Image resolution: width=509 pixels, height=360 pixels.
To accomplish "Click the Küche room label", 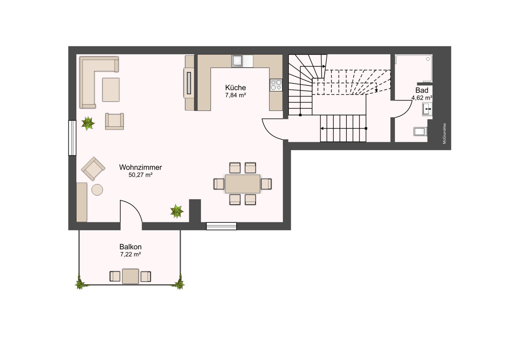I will [236, 88].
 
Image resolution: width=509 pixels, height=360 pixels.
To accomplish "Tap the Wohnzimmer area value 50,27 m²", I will [141, 175].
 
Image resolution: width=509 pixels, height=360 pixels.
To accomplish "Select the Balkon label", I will [131, 247].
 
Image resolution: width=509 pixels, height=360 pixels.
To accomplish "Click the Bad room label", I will [422, 90].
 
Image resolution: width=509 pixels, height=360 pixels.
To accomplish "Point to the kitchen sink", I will [237, 61].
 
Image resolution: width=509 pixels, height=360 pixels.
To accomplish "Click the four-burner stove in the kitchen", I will [276, 85].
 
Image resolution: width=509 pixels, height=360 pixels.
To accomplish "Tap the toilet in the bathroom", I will [420, 131].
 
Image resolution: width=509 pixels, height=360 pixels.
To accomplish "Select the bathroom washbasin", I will [427, 109].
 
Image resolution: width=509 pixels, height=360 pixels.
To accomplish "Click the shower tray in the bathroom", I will [414, 68].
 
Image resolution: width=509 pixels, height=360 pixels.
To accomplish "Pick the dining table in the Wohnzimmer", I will [243, 184].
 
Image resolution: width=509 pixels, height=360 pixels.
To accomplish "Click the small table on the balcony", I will [130, 276].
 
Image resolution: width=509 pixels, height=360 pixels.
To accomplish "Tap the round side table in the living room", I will [97, 190].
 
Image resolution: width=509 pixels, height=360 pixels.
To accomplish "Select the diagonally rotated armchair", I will [93, 168].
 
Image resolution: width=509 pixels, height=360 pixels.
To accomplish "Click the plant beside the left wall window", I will [88, 123].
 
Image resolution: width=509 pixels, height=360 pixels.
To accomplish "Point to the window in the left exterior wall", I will [72, 138].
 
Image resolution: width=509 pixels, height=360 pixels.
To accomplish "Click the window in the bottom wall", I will [222, 226].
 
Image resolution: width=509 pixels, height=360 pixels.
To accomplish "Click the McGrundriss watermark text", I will [444, 134].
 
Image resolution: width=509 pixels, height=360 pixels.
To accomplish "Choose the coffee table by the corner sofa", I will [111, 89].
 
